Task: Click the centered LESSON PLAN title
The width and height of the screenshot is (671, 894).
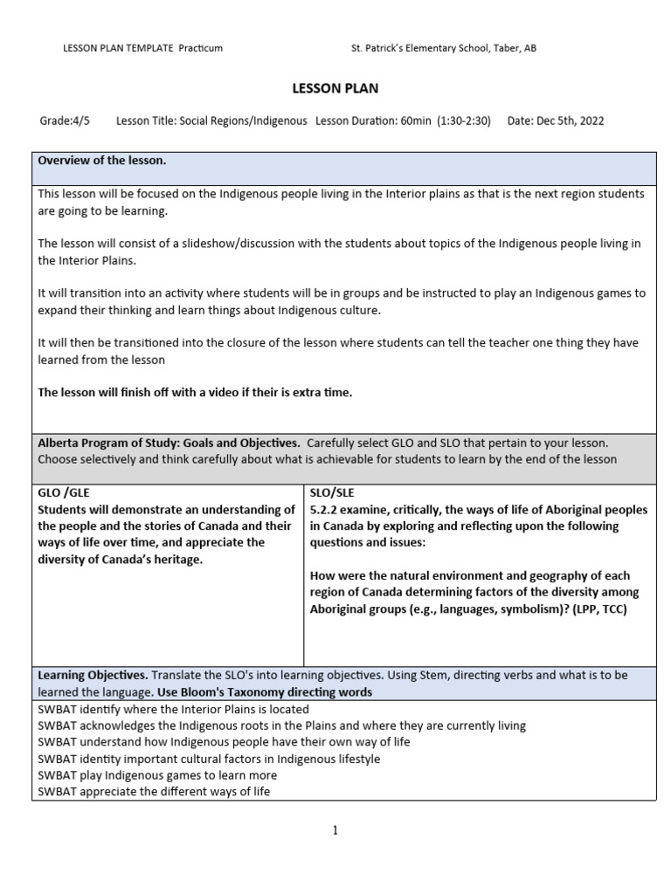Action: tap(335, 88)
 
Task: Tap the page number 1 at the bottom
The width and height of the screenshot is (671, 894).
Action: tap(335, 830)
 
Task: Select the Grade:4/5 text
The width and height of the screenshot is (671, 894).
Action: tap(65, 120)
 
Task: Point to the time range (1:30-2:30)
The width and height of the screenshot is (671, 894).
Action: tap(462, 120)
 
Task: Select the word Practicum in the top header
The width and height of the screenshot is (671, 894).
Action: tap(201, 48)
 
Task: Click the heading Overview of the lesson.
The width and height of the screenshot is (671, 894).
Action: tap(102, 161)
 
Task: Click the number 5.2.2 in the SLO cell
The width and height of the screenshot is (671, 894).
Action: tap(325, 510)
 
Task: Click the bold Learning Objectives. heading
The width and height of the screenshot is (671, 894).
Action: tap(93, 676)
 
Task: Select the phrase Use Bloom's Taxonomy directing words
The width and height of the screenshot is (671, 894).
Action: tap(264, 692)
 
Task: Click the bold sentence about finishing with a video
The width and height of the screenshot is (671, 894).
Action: tap(195, 392)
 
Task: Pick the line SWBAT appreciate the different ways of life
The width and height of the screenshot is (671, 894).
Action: tap(154, 792)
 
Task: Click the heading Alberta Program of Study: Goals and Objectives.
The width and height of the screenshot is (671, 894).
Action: tap(169, 443)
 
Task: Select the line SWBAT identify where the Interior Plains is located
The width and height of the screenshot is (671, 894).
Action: tap(173, 709)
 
